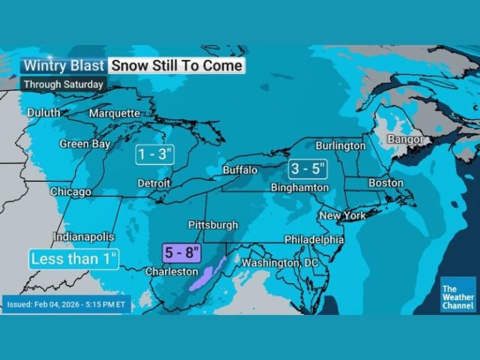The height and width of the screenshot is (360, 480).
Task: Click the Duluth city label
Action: point(44,112)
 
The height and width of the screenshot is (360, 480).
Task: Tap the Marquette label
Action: point(115,113)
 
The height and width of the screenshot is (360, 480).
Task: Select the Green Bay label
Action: point(85,144)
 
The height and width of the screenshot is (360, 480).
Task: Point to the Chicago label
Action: point(71,192)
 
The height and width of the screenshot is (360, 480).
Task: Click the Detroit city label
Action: point(154,184)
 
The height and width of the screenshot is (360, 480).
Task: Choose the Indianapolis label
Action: point(84,237)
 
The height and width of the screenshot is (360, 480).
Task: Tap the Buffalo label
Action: point(240,170)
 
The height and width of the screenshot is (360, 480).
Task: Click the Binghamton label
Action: point(300,187)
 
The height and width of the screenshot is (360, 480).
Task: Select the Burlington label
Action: point(341,146)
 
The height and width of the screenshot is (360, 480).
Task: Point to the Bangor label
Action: point(405,139)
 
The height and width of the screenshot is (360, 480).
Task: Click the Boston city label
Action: point(386,183)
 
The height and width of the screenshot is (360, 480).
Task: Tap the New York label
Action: point(342,216)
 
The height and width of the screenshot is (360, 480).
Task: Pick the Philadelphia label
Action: point(314,239)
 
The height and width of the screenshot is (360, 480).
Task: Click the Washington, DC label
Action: point(280,263)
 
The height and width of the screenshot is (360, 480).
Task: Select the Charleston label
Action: point(172,272)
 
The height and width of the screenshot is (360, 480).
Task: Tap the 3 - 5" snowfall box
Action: point(306,168)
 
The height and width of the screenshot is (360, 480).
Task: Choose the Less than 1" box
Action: point(74,259)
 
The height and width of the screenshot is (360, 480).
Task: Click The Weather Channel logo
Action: point(458,294)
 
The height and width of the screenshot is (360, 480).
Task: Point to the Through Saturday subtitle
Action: point(63,84)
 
